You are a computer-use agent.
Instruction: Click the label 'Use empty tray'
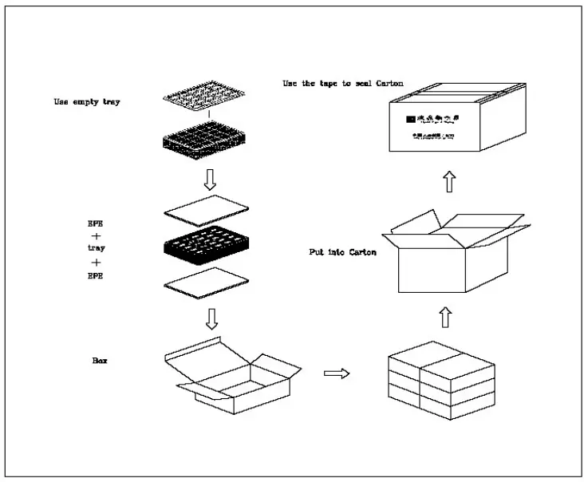tap(87, 101)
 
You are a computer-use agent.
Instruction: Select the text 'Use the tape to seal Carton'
tap(343, 83)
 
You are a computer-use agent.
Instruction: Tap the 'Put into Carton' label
tap(343, 251)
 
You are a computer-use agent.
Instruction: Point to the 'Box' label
tap(100, 361)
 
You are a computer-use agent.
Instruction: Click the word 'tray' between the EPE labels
tap(97, 248)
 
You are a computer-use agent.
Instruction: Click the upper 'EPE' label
tap(96, 223)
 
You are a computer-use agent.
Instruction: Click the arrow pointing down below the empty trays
tap(211, 180)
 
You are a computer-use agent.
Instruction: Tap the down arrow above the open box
tap(211, 319)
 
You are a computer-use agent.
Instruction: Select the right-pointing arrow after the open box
tap(338, 373)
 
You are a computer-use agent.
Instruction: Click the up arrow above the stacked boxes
tap(445, 317)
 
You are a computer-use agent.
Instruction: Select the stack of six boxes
tap(441, 381)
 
